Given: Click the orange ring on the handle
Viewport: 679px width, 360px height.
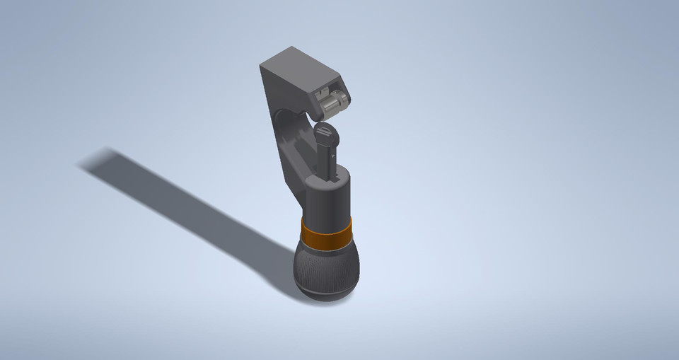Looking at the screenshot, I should pyautogui.click(x=326, y=233).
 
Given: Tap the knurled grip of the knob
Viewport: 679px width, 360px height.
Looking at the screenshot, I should pyautogui.click(x=326, y=266).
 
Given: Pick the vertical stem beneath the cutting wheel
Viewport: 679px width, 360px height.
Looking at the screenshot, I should pyautogui.click(x=329, y=159).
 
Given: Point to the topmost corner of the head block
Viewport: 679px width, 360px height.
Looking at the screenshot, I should pyautogui.click(x=291, y=47).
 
